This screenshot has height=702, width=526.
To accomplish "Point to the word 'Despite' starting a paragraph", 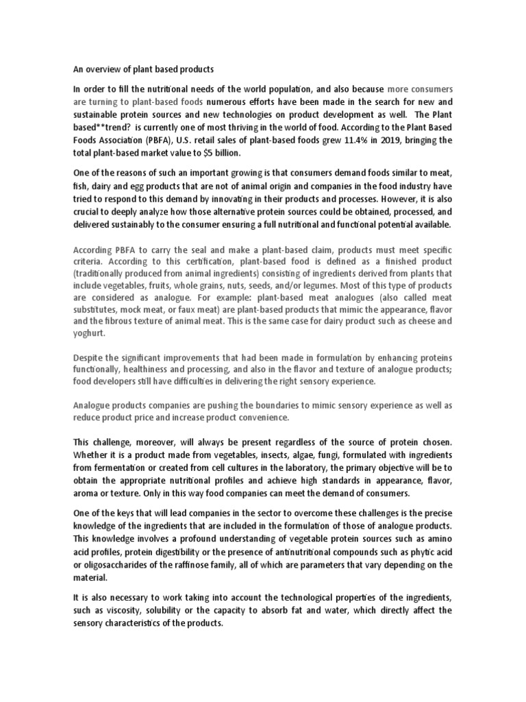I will point(89,359).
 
